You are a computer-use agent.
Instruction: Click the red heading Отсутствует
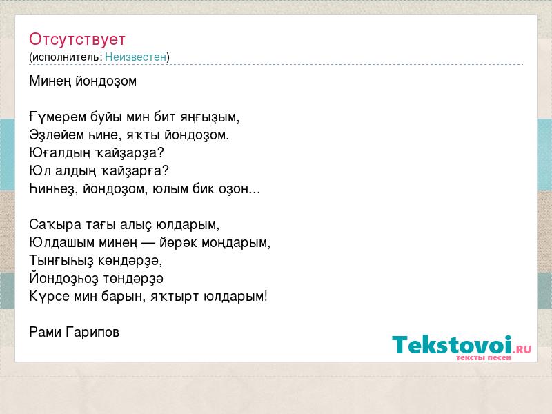click(x=77, y=39)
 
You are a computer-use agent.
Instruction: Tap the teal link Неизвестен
click(x=135, y=57)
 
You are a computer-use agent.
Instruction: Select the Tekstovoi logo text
click(x=452, y=345)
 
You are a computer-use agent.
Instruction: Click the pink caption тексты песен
click(x=484, y=357)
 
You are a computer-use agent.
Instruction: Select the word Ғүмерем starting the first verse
click(x=58, y=117)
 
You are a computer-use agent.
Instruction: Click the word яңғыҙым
click(x=210, y=117)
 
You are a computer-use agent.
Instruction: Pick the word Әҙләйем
click(x=57, y=135)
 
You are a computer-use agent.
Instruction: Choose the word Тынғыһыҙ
click(x=61, y=261)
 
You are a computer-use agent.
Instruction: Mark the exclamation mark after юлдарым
click(x=266, y=296)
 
